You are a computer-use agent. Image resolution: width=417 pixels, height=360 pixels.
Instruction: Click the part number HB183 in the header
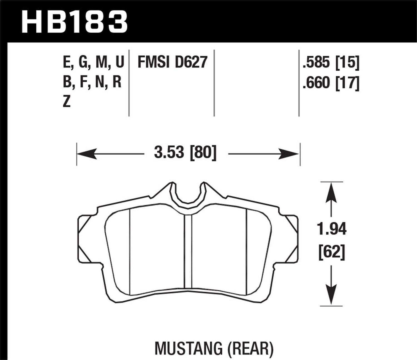pyautogui.click(x=75, y=22)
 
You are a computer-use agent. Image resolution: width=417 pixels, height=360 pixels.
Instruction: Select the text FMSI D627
pyautogui.click(x=173, y=62)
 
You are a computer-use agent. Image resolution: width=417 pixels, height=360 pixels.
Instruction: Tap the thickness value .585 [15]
pyautogui.click(x=331, y=62)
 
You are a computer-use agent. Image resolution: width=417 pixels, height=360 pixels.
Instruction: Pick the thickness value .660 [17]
pyautogui.click(x=331, y=83)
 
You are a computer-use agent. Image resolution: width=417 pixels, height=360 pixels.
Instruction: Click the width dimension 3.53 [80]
pyautogui.click(x=185, y=152)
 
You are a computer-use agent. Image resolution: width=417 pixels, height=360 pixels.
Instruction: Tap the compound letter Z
pyautogui.click(x=67, y=102)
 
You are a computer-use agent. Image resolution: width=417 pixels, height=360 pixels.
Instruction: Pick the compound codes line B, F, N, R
pyautogui.click(x=92, y=82)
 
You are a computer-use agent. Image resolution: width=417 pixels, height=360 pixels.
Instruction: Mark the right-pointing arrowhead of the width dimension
pyautogui.click(x=289, y=153)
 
